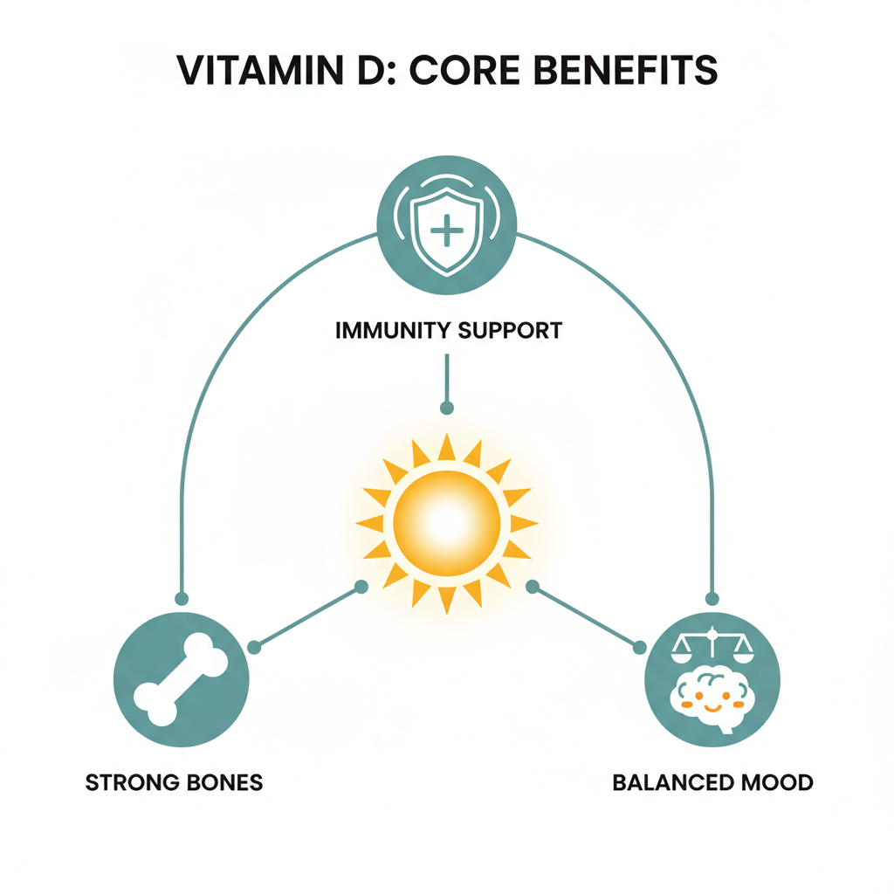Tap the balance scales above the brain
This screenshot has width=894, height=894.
pos(712,643)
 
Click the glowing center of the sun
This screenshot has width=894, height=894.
pos(447,523)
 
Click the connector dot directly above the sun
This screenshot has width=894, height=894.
pos(447,408)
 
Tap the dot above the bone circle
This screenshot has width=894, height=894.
pos(182,599)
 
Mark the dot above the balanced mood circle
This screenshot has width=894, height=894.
pos(712,599)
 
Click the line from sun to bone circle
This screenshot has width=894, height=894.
pos(306,617)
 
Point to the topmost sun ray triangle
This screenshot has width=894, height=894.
pos(447,446)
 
